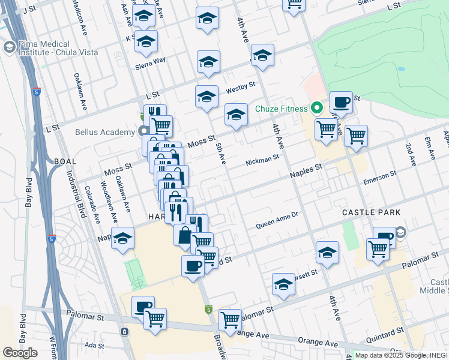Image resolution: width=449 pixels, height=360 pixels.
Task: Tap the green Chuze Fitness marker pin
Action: [x=316, y=109]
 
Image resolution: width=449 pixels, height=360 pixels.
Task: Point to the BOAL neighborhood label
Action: [x=65, y=161]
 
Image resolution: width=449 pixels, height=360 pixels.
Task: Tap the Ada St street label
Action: [x=94, y=345]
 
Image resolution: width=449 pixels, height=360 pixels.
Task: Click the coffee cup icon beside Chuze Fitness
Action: [x=341, y=102]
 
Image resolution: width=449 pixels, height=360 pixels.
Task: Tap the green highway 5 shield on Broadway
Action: [x=208, y=310]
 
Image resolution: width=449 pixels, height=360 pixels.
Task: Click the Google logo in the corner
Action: [x=20, y=353]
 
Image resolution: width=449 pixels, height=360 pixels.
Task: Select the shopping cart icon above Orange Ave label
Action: [x=231, y=320]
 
